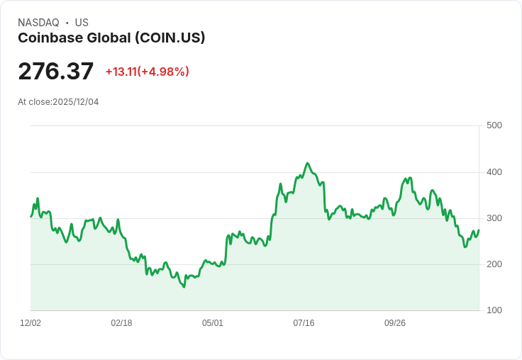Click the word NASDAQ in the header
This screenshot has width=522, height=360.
tap(38, 23)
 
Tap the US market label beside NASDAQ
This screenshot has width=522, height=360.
tap(82, 23)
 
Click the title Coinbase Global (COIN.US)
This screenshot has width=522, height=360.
tap(111, 38)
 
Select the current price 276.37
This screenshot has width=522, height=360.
tap(55, 72)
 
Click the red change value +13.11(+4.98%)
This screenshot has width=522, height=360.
tap(147, 72)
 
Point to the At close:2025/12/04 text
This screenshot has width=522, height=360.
tap(58, 102)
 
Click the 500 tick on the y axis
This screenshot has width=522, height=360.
tap(494, 125)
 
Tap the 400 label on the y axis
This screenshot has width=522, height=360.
tap(494, 172)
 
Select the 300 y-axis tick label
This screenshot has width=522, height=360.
tap(494, 218)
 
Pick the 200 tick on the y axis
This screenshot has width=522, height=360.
tap(494, 264)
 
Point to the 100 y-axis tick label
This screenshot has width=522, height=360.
tap(494, 310)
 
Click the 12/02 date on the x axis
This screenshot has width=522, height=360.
tap(30, 323)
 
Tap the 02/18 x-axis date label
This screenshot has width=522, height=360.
tap(121, 323)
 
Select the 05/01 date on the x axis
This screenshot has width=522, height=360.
tap(213, 323)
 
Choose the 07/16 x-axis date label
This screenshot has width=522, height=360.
tap(304, 323)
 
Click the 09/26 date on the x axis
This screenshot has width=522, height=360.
tap(395, 323)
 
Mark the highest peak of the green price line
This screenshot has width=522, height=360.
tap(307, 163)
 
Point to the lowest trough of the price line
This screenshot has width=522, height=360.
tap(184, 287)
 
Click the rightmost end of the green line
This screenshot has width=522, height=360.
tap(479, 230)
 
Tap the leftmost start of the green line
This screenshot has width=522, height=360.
tap(30, 216)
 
